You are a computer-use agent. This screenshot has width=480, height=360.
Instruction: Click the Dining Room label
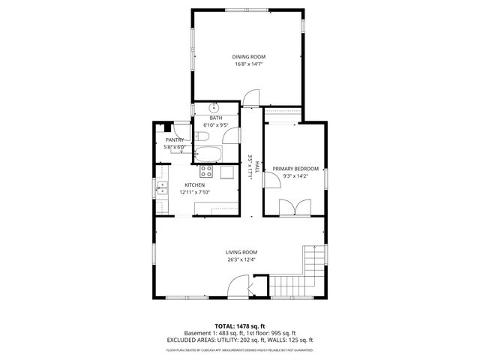click(x=248, y=57)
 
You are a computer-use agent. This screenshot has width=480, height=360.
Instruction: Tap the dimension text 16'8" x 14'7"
click(x=248, y=64)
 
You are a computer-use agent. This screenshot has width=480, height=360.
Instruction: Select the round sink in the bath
click(x=214, y=107)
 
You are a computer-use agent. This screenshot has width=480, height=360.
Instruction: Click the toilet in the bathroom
click(x=202, y=136)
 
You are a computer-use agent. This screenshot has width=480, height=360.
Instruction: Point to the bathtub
click(x=207, y=155)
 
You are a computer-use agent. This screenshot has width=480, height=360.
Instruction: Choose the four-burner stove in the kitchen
click(x=206, y=172)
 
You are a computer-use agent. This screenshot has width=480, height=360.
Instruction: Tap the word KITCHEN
click(x=195, y=185)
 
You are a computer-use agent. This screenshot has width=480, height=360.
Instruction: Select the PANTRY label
click(x=175, y=140)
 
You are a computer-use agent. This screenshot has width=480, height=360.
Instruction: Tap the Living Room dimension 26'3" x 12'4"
click(x=241, y=259)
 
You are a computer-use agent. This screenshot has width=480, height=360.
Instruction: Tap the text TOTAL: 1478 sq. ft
click(x=240, y=326)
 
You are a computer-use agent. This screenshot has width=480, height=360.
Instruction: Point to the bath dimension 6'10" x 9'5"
click(x=216, y=124)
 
